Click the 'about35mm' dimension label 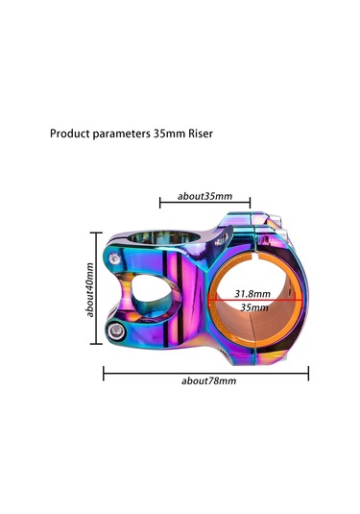tap(204, 196)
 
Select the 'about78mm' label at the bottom tap(208, 380)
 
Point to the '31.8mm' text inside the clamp tap(252, 293)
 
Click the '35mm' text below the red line tap(253, 307)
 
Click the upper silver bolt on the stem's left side tap(115, 257)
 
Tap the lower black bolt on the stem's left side tap(117, 330)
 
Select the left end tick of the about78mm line tap(104, 371)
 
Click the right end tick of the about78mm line tap(308, 371)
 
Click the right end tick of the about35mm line tap(250, 203)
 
